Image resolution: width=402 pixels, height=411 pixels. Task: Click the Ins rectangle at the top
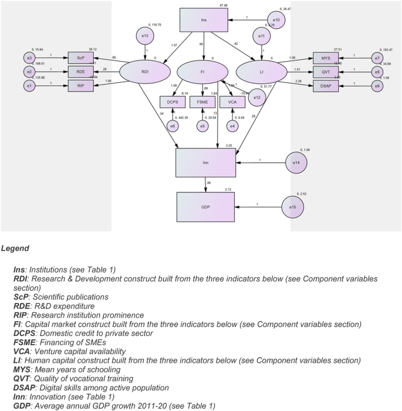[x=203, y=20]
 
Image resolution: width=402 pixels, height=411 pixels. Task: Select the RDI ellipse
[x=145, y=72]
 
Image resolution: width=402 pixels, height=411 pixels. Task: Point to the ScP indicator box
[x=80, y=58]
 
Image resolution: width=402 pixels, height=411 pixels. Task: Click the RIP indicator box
[x=80, y=85]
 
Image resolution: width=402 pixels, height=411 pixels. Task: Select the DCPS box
[x=173, y=102]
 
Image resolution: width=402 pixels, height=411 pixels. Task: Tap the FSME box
[x=202, y=102]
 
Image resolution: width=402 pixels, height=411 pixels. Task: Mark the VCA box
[x=232, y=102]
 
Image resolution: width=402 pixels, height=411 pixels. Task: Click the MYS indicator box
[x=325, y=58]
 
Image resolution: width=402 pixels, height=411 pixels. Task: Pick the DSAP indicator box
[x=325, y=85]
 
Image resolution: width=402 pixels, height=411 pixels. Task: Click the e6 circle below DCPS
[x=173, y=126]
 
